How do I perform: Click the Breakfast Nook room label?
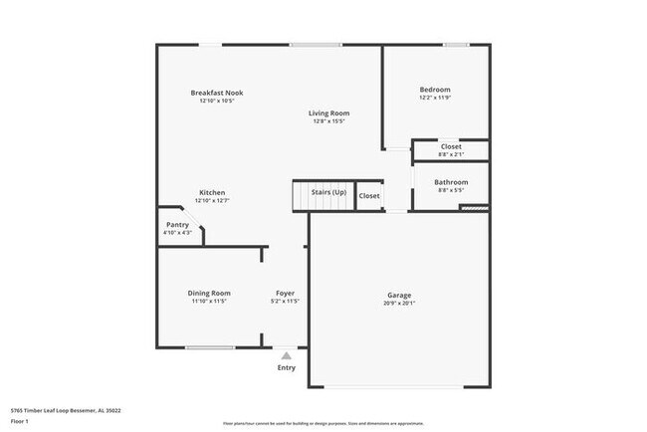coord(217,93)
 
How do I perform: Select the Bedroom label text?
coord(435,90)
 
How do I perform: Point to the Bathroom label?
coord(451,182)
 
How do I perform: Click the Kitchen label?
coord(212,192)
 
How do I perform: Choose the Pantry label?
coord(177,225)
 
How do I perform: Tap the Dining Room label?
coord(209,293)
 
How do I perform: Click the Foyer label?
coord(286,293)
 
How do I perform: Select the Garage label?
coord(399,295)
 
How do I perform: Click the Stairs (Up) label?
coord(328,191)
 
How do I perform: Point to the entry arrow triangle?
coord(287,354)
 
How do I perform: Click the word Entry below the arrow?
coord(287,367)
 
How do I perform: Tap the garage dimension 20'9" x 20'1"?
coord(399,304)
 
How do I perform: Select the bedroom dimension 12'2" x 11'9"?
coord(435,98)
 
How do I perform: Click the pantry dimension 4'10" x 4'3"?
coord(177,233)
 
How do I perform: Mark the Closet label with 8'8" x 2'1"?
coord(451,146)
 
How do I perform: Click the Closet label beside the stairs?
coord(369,196)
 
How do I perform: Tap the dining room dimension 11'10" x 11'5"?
coord(209,301)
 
